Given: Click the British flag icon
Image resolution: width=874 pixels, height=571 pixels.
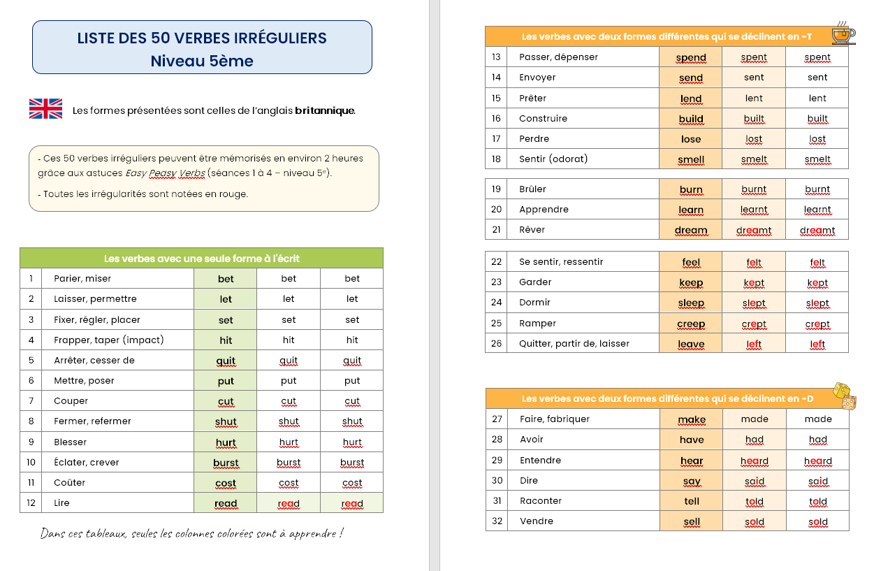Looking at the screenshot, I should click(45, 109).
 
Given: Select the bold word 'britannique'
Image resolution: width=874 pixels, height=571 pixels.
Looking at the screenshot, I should click(325, 110).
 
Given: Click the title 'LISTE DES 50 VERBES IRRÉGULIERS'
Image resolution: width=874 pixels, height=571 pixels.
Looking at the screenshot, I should click(202, 38).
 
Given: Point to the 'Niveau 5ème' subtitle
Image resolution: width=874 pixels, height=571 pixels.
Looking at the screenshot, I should click(202, 61).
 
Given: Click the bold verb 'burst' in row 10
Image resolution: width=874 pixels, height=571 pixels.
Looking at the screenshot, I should click(226, 463).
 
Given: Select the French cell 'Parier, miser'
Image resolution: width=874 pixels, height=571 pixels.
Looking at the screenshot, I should click(83, 279).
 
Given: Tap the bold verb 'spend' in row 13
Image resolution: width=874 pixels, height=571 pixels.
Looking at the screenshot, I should click(691, 57).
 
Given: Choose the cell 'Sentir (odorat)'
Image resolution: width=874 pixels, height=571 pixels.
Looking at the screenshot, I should click(553, 159).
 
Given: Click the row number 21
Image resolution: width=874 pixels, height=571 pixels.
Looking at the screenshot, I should click(496, 229).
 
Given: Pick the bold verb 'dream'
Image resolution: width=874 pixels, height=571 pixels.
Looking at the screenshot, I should click(691, 230).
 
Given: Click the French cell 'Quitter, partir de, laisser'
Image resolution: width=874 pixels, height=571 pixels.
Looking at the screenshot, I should click(574, 343).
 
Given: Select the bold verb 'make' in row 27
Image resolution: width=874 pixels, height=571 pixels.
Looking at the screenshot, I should click(692, 419).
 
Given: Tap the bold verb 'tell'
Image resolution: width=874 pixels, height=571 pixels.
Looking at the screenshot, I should click(692, 501).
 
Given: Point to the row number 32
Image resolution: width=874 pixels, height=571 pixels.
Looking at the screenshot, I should click(497, 521).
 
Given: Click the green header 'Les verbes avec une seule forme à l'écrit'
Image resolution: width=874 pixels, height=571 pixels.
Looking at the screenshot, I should click(201, 259).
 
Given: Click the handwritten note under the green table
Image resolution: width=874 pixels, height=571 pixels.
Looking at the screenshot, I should click(191, 534).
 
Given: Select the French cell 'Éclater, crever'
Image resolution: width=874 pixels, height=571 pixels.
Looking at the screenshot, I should click(87, 463).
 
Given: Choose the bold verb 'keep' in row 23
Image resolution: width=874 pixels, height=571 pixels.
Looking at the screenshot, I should click(691, 282).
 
